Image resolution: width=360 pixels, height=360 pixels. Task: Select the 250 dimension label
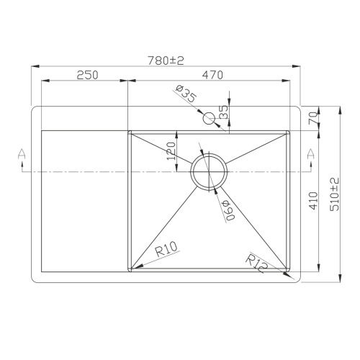(86, 75)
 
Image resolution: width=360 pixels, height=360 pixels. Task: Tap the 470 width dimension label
(212, 75)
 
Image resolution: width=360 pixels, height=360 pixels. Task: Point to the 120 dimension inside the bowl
(171, 151)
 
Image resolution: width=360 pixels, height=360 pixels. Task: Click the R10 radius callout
(166, 251)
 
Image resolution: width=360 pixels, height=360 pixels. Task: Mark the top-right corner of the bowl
(290, 132)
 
